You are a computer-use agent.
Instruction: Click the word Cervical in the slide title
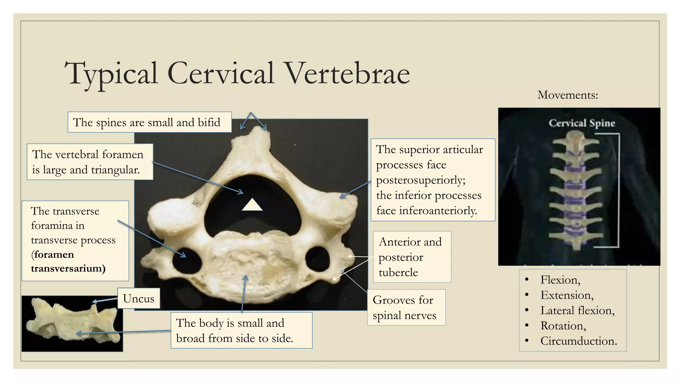coord(221,74)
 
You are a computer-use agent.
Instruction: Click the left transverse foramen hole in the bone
coord(187,262)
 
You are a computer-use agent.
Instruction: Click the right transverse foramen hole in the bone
coord(318,259)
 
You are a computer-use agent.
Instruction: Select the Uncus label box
coord(138,298)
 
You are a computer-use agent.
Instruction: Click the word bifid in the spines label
coord(209,123)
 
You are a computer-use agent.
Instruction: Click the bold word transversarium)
coord(68,268)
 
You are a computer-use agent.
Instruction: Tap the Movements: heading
coord(567,95)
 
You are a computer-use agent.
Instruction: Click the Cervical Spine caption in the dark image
coord(582,123)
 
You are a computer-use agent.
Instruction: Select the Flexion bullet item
coord(560,280)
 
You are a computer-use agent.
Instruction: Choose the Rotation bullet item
coord(563,326)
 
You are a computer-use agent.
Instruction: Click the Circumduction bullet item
coord(578,341)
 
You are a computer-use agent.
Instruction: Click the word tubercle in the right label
coord(398,273)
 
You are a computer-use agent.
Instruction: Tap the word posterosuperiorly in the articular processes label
coord(420,180)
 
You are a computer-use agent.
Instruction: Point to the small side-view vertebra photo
coord(72,323)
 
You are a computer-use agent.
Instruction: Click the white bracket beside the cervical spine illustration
coord(618,190)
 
